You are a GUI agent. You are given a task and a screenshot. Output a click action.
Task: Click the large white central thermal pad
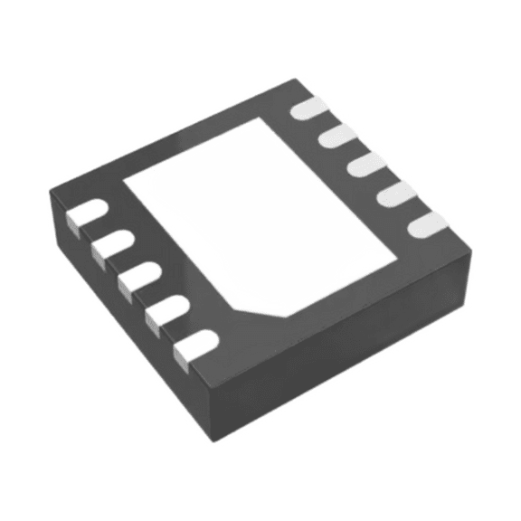(x=262, y=213)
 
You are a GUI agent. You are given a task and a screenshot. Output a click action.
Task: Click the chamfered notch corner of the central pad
(x=271, y=308)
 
